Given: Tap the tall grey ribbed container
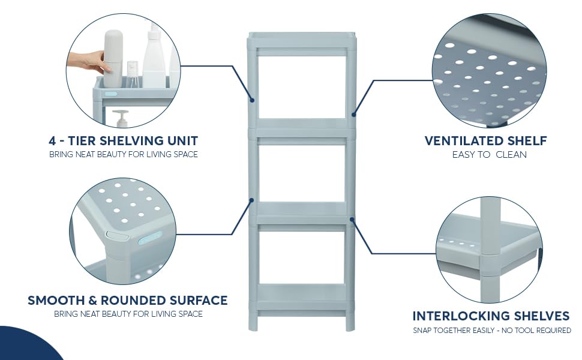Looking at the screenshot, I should (x=113, y=59).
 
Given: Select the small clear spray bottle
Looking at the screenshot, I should (x=133, y=73).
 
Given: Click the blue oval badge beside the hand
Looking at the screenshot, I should (x=111, y=94).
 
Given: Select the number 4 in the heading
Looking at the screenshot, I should (x=53, y=141).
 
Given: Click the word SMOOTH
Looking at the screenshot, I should (x=58, y=300).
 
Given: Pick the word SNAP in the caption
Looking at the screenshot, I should (x=422, y=330).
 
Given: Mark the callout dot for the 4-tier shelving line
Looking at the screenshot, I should (x=253, y=100).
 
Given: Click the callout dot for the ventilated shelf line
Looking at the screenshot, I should (x=354, y=114).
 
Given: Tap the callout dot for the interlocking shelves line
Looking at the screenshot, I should (x=352, y=220).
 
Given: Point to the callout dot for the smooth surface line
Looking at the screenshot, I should (x=252, y=200).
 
